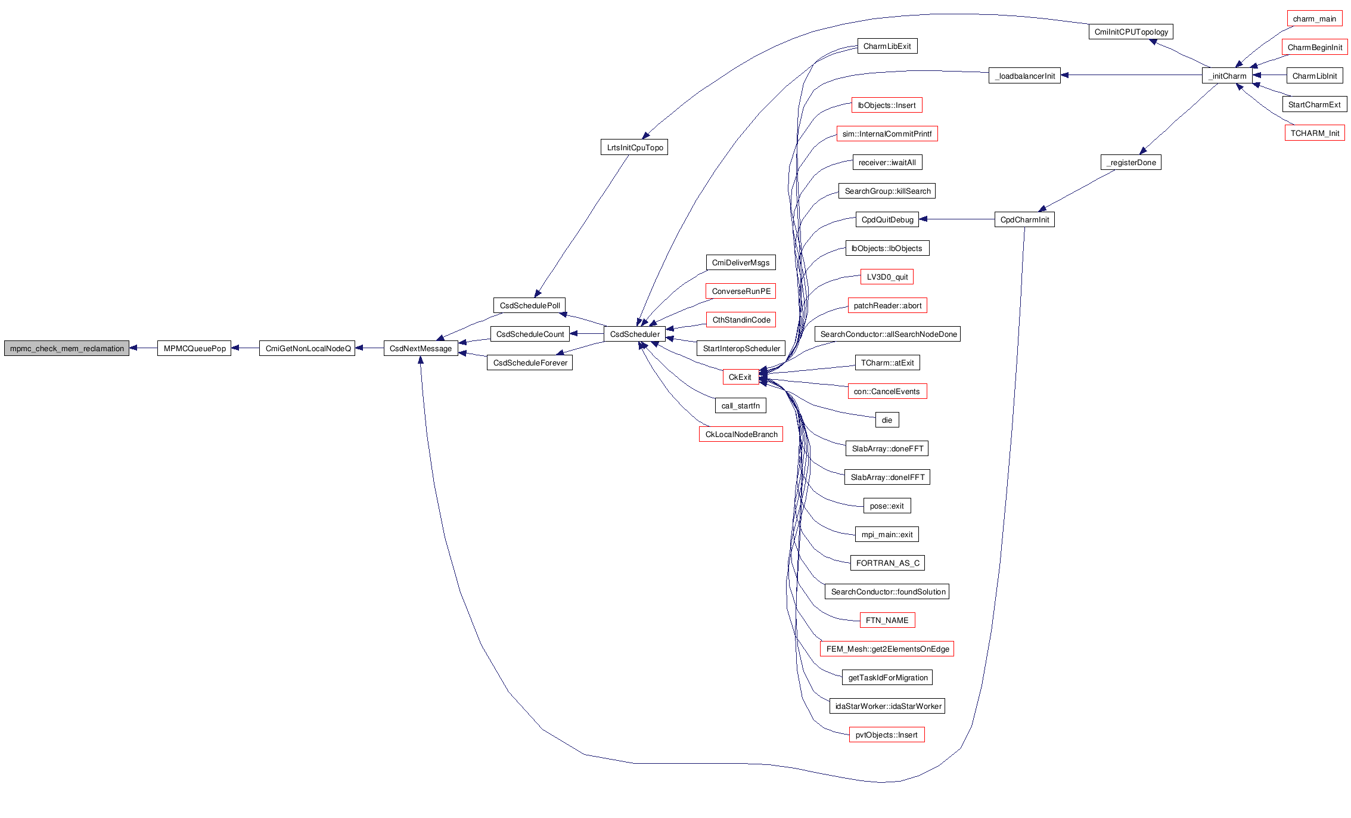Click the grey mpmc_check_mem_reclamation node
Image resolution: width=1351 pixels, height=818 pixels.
click(67, 349)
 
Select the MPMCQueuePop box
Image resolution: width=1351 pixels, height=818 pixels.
click(194, 349)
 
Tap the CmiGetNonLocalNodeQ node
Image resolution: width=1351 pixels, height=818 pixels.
click(308, 349)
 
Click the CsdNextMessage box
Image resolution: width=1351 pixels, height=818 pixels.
click(421, 349)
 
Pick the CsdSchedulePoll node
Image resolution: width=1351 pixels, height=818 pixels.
click(529, 306)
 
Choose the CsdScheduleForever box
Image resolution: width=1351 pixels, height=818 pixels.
click(530, 363)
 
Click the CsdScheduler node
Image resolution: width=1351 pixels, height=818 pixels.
click(635, 334)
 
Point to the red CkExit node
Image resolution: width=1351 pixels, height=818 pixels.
click(740, 377)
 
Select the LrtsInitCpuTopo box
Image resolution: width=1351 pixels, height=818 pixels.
click(634, 148)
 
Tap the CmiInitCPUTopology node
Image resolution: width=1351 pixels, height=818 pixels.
click(1131, 32)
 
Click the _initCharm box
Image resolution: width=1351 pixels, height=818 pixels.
click(1227, 76)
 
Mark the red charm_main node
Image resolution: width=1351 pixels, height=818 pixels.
click(1314, 19)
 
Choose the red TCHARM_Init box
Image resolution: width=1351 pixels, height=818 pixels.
click(1314, 134)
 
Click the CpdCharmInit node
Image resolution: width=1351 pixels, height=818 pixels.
click(1024, 220)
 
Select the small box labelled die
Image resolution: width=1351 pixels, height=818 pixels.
click(887, 420)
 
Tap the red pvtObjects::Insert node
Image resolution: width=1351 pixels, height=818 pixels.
click(886, 735)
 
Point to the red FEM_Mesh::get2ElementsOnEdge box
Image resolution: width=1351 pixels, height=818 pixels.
click(887, 649)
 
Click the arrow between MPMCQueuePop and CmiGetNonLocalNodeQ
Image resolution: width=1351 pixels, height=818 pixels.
click(246, 348)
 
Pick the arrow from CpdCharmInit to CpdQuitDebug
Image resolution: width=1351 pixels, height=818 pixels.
click(956, 219)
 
